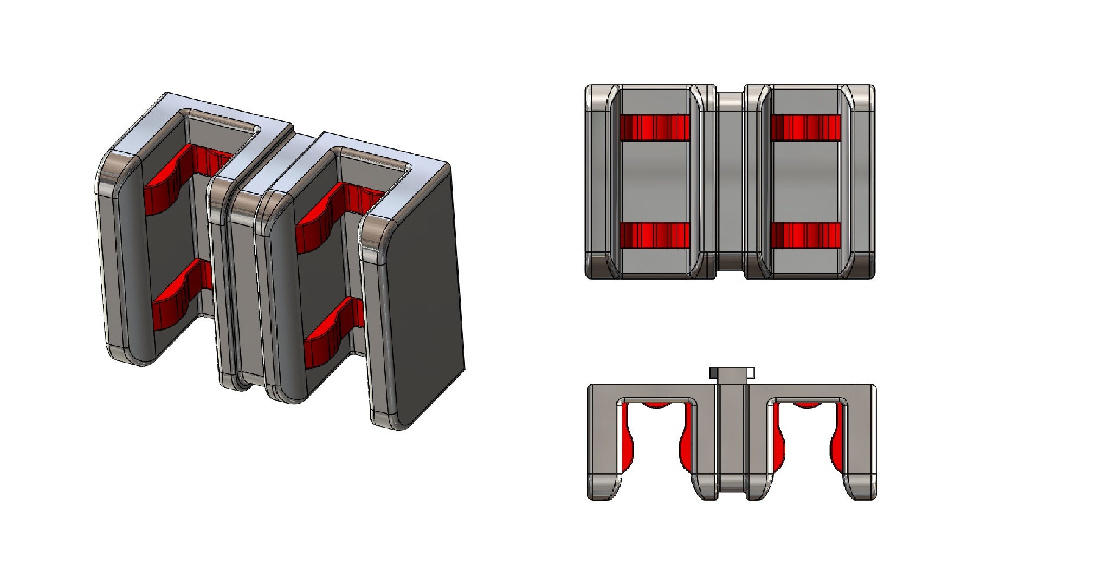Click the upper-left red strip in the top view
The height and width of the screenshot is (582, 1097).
click(654, 127)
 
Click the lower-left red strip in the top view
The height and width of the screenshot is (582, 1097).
click(654, 235)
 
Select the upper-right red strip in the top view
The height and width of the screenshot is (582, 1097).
click(805, 127)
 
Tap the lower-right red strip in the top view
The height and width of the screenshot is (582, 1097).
click(805, 235)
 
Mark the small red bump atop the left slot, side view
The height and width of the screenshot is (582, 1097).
click(656, 405)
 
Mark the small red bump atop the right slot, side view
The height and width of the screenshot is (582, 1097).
click(807, 405)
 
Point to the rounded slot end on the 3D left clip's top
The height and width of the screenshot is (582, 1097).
click(255, 129)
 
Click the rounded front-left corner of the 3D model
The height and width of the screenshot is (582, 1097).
click(117, 168)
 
